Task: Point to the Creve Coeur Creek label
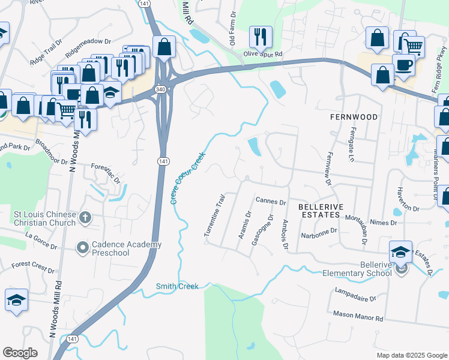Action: tap(187, 177)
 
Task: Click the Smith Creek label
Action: tap(177, 286)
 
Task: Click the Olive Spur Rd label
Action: tap(263, 54)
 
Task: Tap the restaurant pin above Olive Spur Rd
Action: tap(261, 37)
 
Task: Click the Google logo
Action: tap(20, 353)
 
